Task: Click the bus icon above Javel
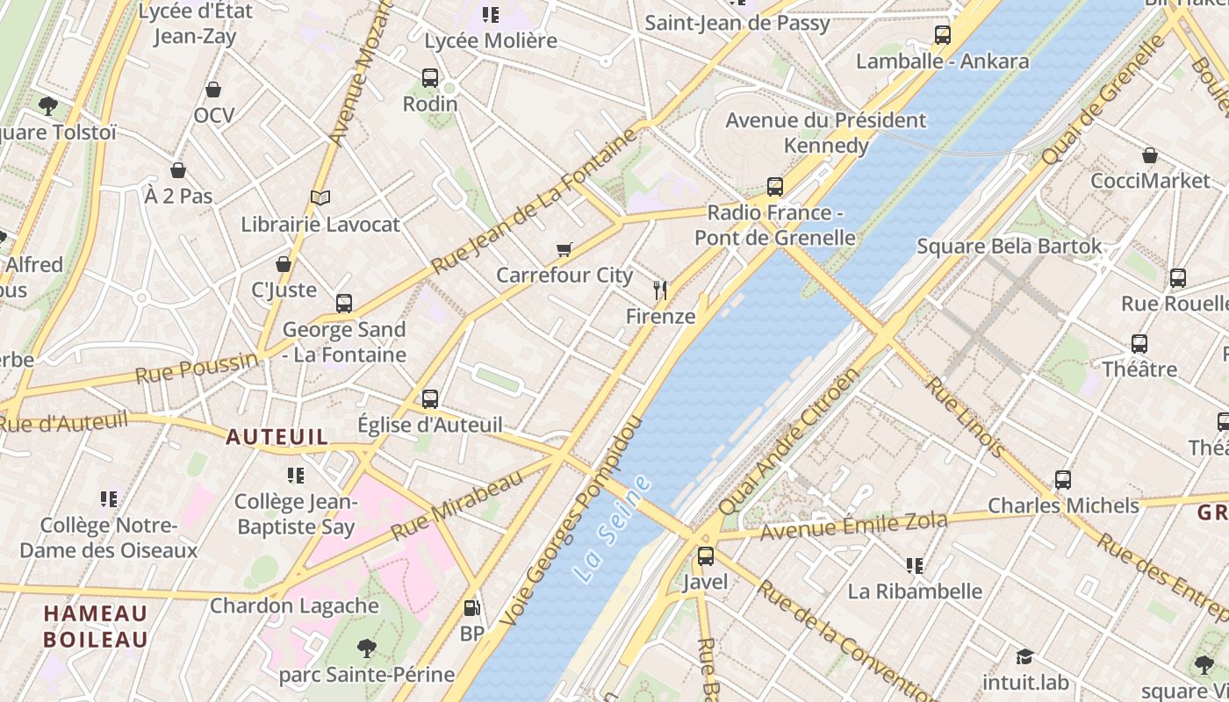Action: (x=706, y=556)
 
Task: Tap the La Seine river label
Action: (x=613, y=530)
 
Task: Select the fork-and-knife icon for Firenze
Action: (x=660, y=290)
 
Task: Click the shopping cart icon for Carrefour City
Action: (x=564, y=250)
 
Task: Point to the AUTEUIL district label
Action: (x=277, y=437)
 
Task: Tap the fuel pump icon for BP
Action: (x=471, y=607)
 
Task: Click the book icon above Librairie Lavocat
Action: (x=320, y=198)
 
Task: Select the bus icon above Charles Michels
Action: (x=1063, y=480)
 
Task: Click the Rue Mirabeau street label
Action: (x=456, y=506)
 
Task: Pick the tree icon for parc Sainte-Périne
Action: (x=367, y=648)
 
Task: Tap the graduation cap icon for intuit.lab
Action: (x=1024, y=656)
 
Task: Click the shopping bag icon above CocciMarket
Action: (x=1150, y=155)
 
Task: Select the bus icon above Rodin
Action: (x=430, y=78)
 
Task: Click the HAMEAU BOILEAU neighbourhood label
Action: (x=96, y=626)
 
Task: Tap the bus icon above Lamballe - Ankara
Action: (x=943, y=35)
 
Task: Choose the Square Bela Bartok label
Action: (x=1009, y=247)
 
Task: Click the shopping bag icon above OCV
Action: (x=213, y=90)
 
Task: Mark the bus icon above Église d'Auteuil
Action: (x=430, y=399)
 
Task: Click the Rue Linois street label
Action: (x=966, y=418)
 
